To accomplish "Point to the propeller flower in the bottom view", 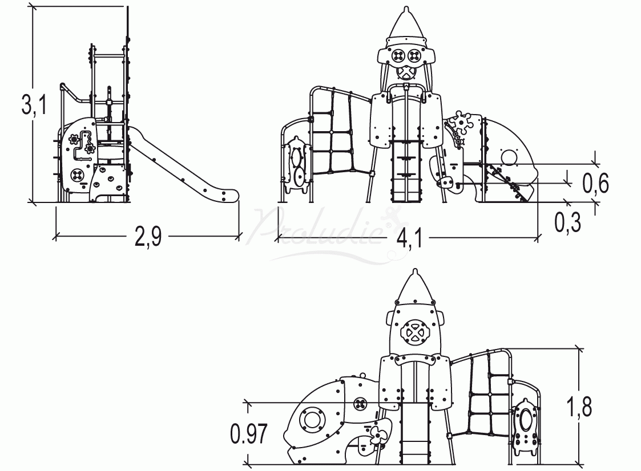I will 377,437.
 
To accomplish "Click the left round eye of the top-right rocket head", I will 398,55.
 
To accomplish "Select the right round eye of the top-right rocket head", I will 414,55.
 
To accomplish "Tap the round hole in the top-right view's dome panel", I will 507,156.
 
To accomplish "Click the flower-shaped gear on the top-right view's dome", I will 461,123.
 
